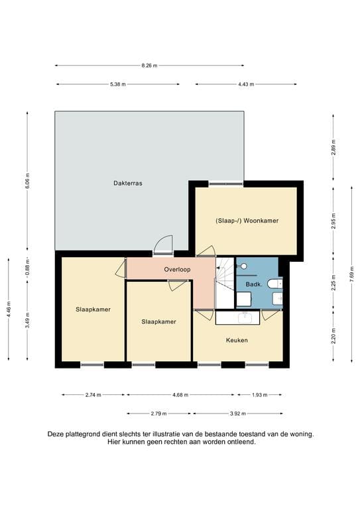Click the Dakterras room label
point(128,183)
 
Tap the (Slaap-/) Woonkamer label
point(247,221)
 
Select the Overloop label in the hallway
point(177,270)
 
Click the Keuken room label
point(237,340)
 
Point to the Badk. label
point(254,284)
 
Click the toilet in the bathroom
point(274,284)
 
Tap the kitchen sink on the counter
point(246,317)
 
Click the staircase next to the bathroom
point(225,282)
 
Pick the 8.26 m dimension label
point(149,66)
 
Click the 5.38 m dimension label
point(118,84)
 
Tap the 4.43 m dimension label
point(246,84)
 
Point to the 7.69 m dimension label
point(352,274)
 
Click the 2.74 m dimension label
point(93,395)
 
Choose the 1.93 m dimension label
point(260,395)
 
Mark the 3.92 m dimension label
point(238,414)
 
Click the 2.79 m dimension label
point(158,414)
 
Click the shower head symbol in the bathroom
point(243,266)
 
